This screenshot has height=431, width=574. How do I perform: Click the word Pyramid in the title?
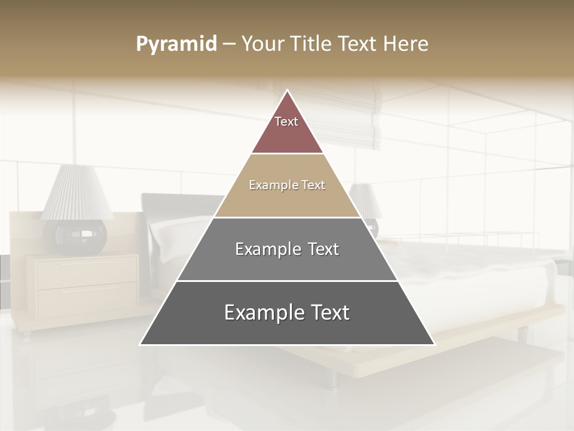(x=176, y=44)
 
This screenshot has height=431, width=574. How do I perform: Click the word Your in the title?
(x=262, y=44)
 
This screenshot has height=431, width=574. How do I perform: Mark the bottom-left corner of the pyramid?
(x=141, y=344)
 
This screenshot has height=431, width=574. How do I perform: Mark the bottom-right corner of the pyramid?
(x=433, y=344)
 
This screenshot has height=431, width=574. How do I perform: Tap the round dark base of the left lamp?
(x=80, y=236)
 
